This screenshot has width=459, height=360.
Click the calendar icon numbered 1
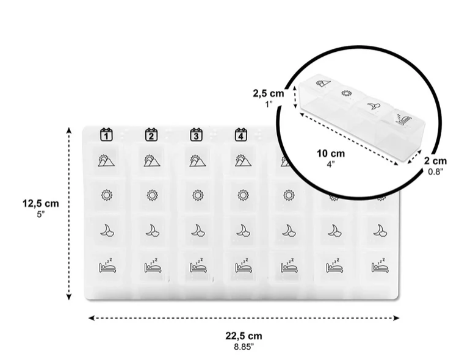coord(106,135)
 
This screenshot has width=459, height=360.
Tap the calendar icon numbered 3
coord(196,135)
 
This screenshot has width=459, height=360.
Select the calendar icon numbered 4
coord(241,135)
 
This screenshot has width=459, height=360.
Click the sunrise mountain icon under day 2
coord(152,160)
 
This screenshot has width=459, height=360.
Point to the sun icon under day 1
coord(107,195)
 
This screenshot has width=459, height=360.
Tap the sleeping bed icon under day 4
coord(244,266)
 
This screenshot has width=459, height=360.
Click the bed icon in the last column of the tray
coord(380,266)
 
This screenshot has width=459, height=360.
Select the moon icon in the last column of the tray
coord(380,231)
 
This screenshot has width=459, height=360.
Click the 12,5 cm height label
coord(41,203)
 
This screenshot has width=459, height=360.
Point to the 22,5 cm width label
coord(244,336)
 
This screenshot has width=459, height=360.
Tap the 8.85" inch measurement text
coord(244,347)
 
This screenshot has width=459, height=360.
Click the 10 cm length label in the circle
coord(331,153)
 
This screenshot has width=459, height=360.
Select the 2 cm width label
coord(436,160)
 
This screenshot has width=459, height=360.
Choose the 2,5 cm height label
coord(269,93)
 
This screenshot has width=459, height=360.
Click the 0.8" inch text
coord(436,171)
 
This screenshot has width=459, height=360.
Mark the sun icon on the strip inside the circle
coord(346,93)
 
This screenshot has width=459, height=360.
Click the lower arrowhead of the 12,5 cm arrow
coord(69,297)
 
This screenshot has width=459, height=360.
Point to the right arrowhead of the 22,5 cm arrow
coord(396,318)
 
